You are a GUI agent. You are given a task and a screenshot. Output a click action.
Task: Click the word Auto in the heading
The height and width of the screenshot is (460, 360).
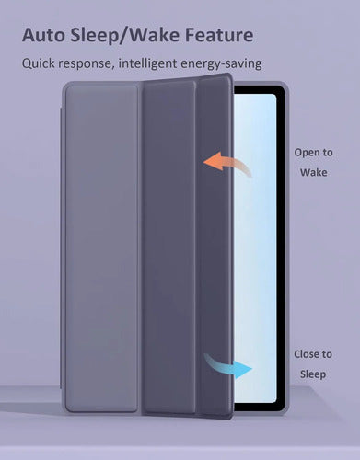pos(43,35)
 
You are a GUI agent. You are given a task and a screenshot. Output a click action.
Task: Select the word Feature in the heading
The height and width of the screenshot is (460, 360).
pos(219,35)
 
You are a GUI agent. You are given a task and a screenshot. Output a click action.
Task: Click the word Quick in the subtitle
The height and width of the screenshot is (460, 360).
pos(38,63)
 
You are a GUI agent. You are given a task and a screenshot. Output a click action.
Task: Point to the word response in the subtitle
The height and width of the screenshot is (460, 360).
pos(85,64)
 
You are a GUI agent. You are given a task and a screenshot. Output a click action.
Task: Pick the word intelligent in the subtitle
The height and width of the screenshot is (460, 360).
pos(147,63)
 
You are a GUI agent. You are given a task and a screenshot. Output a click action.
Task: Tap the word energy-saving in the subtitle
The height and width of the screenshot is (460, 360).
pos(221,64)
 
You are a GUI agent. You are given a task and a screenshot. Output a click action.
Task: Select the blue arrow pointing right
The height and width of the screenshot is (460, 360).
pos(228,366)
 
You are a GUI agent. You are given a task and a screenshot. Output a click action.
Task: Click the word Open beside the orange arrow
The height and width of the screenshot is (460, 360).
pos(305,153)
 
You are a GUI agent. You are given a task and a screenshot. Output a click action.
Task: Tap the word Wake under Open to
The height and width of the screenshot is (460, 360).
pos(313,172)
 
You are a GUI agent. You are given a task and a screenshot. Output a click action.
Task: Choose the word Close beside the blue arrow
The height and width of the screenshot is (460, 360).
pos(305,354)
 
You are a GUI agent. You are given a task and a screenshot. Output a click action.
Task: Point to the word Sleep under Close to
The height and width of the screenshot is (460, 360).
pos(313,374)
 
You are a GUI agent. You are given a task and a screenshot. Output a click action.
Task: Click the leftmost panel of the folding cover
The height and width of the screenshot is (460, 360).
pos(101,248)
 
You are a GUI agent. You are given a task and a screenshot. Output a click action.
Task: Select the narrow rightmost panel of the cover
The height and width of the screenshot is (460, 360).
pos(215,246)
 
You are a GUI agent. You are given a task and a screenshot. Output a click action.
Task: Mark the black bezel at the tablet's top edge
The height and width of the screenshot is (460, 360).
pos(260,90)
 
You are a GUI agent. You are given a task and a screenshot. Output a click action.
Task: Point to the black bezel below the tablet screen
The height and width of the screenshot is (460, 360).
pos(260,407)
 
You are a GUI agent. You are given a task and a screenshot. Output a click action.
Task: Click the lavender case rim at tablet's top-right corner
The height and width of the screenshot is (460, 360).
pos(285,86)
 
